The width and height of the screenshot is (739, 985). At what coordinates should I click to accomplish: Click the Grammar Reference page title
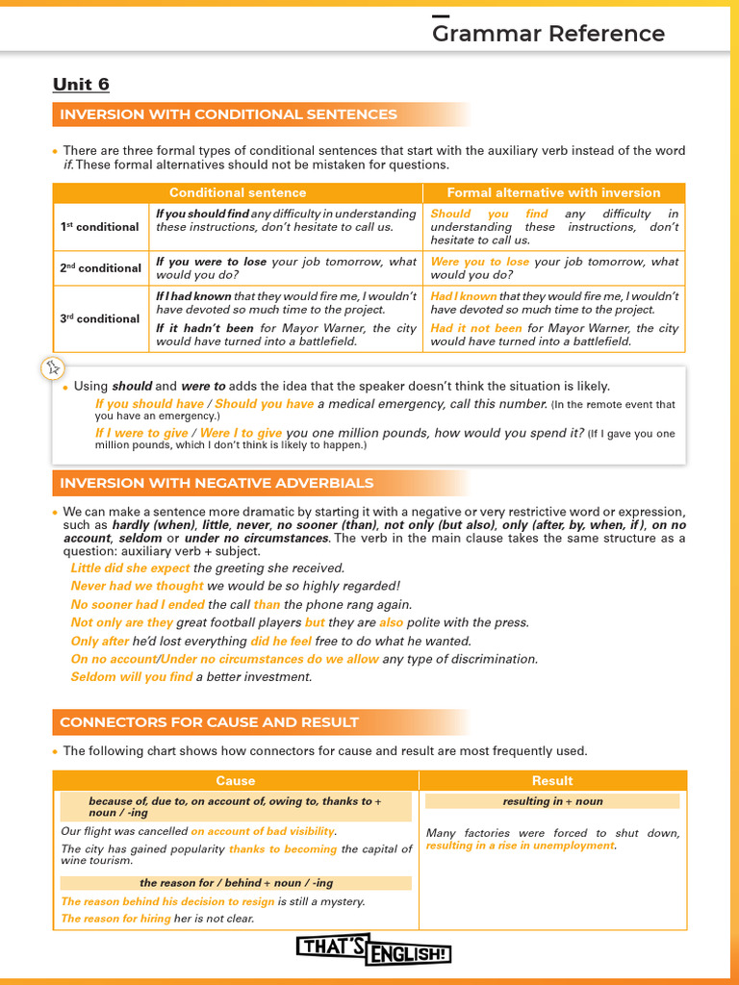(548, 34)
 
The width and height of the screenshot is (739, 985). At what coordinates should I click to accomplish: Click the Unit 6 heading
(81, 85)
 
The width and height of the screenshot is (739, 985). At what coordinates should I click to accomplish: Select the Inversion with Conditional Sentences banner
(228, 114)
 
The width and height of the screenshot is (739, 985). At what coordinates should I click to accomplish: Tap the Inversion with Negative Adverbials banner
(217, 483)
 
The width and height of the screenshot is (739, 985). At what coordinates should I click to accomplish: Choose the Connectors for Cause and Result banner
(209, 721)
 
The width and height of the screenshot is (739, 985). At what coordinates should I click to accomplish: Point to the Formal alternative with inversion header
(553, 192)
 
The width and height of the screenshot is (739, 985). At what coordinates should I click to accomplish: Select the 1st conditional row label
(100, 227)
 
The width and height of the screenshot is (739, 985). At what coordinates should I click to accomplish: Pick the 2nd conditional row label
(100, 268)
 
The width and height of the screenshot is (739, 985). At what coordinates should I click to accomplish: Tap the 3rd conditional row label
(100, 318)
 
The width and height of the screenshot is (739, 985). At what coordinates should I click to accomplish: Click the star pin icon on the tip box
(54, 367)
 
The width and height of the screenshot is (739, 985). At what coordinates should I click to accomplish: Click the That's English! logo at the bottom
(373, 951)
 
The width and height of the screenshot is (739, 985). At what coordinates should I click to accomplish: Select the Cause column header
(236, 780)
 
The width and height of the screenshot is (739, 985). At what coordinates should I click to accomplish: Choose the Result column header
(552, 780)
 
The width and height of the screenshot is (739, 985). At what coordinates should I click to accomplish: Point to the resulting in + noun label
(552, 801)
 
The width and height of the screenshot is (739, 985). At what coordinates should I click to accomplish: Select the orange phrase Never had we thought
(137, 586)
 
